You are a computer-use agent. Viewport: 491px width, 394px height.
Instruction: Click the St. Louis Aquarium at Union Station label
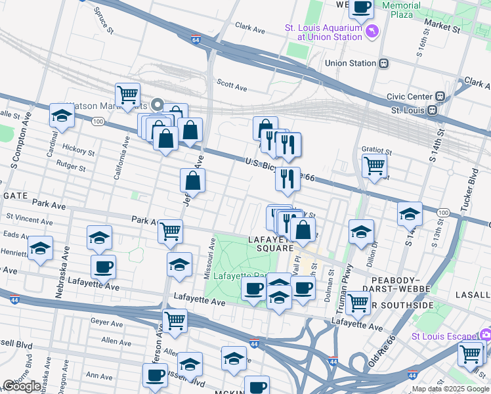323,32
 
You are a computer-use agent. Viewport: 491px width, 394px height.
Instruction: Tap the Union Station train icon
383,64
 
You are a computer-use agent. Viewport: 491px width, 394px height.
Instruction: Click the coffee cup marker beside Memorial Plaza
361,8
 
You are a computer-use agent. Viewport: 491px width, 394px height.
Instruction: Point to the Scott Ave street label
232,86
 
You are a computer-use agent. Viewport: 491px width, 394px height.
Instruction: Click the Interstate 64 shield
196,40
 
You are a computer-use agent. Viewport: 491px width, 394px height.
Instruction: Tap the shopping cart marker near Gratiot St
374,165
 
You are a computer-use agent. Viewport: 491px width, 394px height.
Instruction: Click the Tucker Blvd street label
472,187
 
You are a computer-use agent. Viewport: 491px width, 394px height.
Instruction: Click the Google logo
21,386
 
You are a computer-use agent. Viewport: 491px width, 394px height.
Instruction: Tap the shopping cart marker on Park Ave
170,230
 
